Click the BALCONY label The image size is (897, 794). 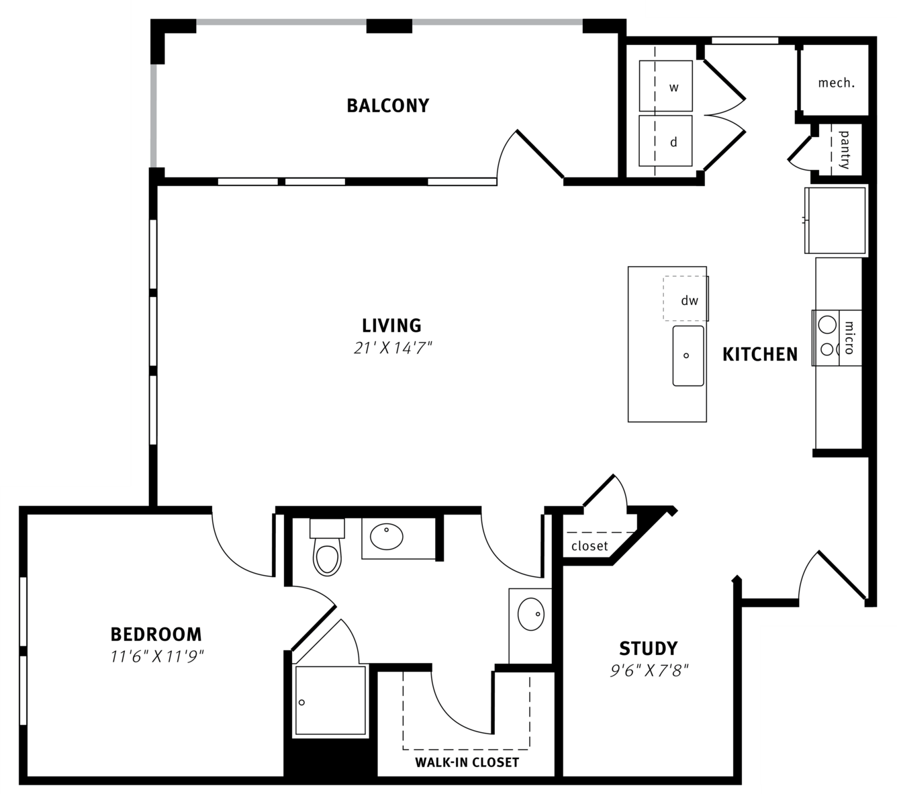[387, 106]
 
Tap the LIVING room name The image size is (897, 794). [391, 326]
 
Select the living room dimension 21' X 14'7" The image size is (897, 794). [392, 348]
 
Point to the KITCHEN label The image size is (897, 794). [760, 355]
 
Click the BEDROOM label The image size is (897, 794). [156, 635]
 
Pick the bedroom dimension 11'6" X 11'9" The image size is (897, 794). [156, 657]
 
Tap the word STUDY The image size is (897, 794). [648, 649]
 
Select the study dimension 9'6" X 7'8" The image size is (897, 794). [649, 671]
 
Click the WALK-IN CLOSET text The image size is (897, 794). [467, 762]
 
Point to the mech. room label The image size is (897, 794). [836, 83]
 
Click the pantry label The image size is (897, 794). [845, 150]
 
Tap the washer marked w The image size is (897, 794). [665, 86]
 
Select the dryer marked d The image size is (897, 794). [665, 141]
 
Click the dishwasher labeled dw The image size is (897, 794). [686, 298]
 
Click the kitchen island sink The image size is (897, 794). [688, 356]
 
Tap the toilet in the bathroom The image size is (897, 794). [327, 547]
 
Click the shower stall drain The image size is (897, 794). [301, 702]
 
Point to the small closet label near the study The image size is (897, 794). [589, 546]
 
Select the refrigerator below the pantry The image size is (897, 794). [835, 220]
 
